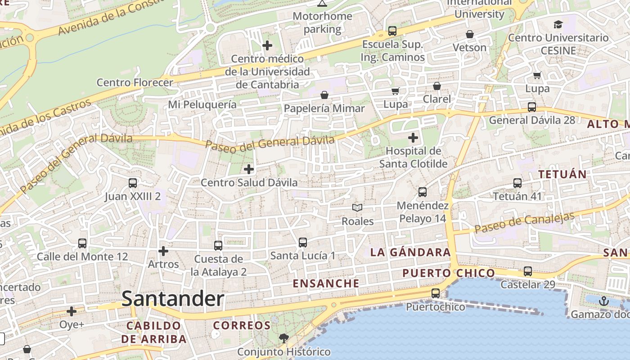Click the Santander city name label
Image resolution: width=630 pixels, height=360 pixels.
coord(173,299)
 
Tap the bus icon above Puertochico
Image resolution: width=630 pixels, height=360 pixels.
coord(435,293)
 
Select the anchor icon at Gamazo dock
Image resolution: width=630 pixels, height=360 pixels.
coord(603,301)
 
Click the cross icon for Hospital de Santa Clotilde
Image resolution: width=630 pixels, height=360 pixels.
coord(413,138)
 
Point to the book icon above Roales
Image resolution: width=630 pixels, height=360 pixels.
coord(357,207)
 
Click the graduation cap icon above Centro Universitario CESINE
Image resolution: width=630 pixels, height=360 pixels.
coord(558,24)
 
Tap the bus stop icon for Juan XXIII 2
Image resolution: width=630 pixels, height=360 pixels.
coord(133,183)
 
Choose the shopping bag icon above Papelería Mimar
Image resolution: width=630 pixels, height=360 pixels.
coord(324,95)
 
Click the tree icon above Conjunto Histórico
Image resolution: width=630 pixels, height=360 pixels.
coord(283,338)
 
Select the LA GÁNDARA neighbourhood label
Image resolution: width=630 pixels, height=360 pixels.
coord(410,252)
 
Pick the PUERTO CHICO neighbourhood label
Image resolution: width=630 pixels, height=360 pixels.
coord(448,273)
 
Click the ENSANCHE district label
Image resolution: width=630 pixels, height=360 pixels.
coord(326,283)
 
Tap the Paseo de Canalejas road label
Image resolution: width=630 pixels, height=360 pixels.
coord(524,222)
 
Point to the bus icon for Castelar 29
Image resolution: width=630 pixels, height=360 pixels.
coord(527,271)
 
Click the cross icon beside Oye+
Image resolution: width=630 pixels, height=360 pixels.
coord(72,311)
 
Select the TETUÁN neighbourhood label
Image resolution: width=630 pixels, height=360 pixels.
coord(562,174)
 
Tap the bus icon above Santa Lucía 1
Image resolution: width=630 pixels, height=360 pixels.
coord(303,243)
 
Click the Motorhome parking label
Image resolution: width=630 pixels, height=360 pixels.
coord(322,22)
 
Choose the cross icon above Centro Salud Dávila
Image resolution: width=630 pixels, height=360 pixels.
coord(248,169)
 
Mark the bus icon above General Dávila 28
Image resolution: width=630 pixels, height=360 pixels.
coord(531,107)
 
